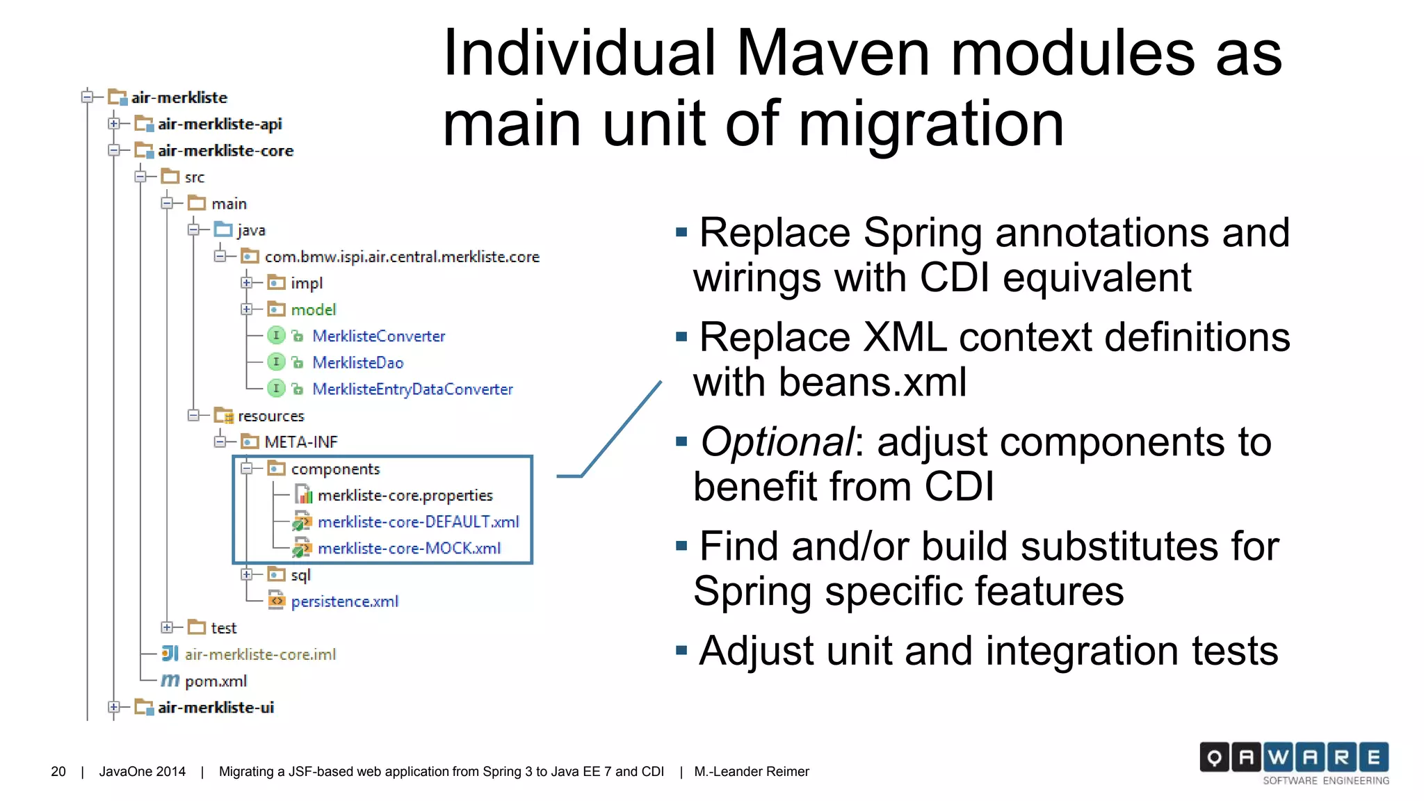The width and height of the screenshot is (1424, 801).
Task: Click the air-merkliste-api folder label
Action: (x=219, y=124)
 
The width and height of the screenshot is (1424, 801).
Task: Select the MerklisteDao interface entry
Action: (x=357, y=362)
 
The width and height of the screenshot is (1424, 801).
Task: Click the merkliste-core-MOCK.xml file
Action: (x=409, y=548)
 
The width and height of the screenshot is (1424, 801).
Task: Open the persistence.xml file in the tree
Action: (x=344, y=601)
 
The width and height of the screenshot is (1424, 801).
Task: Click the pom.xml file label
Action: (x=216, y=681)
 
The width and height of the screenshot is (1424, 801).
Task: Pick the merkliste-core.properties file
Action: (x=405, y=495)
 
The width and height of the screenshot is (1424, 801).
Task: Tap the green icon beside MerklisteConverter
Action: (x=276, y=336)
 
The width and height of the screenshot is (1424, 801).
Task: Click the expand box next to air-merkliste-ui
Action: (x=114, y=707)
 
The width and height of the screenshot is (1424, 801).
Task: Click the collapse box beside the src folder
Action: (x=140, y=177)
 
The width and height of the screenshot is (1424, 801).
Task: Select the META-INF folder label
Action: (x=300, y=442)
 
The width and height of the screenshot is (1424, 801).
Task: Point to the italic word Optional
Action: (x=777, y=442)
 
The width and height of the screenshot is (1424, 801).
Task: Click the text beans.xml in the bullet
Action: (x=872, y=382)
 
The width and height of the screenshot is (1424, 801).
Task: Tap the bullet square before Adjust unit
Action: (x=681, y=651)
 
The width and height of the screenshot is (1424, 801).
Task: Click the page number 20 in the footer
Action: (x=58, y=771)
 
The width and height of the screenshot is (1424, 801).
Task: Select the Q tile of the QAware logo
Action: (x=1214, y=757)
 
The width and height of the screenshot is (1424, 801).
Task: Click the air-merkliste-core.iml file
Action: (x=260, y=654)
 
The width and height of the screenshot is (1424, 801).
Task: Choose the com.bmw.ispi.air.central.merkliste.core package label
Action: (x=401, y=257)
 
